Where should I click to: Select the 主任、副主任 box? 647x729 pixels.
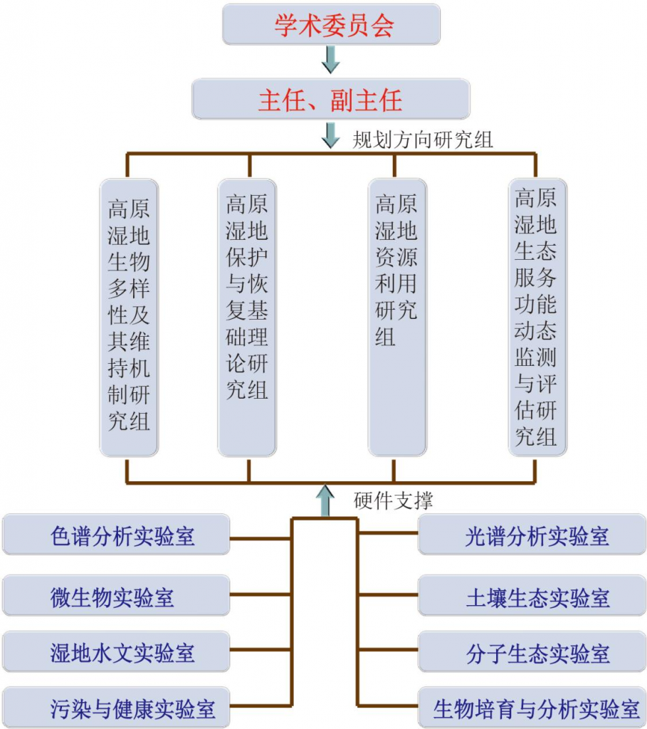click(x=330, y=99)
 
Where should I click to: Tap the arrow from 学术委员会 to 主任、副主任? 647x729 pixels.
click(x=330, y=59)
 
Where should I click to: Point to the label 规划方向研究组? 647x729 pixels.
click(x=423, y=140)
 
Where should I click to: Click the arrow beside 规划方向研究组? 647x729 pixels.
click(x=330, y=135)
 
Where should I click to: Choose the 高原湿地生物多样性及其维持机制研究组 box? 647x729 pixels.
click(x=129, y=317)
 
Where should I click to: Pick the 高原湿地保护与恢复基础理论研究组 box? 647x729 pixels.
click(x=247, y=317)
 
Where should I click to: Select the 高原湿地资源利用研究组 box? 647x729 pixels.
click(x=397, y=317)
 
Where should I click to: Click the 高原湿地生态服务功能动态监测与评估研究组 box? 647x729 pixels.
click(x=537, y=317)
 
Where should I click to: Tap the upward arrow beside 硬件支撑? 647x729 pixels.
click(x=325, y=500)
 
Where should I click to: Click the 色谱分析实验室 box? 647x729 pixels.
click(x=116, y=535)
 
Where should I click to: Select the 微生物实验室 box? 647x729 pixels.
click(x=116, y=595)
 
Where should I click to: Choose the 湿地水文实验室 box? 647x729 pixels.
click(x=116, y=651)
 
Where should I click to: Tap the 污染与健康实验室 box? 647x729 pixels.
click(x=116, y=708)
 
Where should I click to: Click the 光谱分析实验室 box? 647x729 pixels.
click(x=532, y=535)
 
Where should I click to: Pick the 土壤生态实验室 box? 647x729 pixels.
click(x=532, y=595)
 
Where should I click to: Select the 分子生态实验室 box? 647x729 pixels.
click(x=532, y=651)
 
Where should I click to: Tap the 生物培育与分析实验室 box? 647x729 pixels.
click(x=532, y=708)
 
